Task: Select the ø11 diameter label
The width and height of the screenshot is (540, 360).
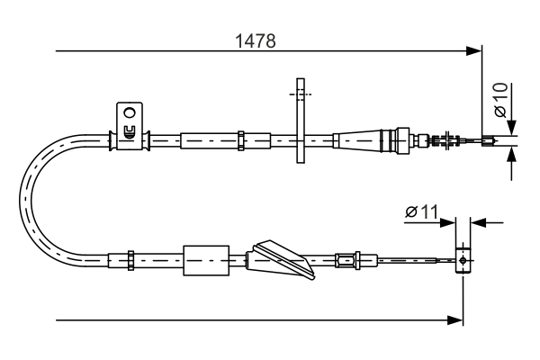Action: [421, 212]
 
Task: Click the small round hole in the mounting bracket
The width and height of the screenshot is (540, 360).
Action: [129, 113]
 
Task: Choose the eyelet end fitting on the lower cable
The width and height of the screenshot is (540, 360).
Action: [463, 260]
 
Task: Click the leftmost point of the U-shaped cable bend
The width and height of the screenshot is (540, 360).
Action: [22, 198]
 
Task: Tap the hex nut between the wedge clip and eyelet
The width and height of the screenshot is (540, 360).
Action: [344, 260]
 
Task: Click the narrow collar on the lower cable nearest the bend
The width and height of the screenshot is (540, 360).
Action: [131, 259]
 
